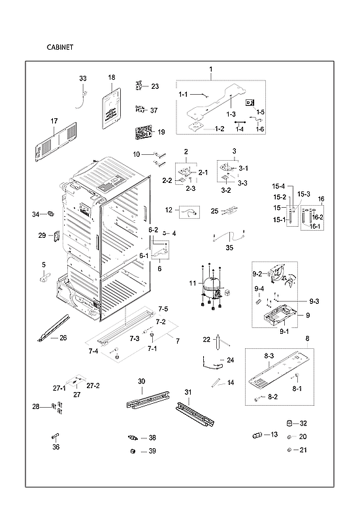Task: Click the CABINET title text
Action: click(x=59, y=48)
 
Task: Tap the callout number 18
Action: click(x=111, y=78)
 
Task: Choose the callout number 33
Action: click(x=83, y=78)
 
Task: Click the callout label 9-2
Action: click(x=257, y=274)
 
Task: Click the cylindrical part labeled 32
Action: click(x=293, y=424)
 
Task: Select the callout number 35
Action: click(x=229, y=248)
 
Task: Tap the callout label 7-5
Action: click(x=163, y=308)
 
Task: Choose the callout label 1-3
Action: click(x=231, y=114)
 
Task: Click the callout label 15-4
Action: click(x=279, y=186)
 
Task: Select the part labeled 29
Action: click(x=57, y=236)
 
